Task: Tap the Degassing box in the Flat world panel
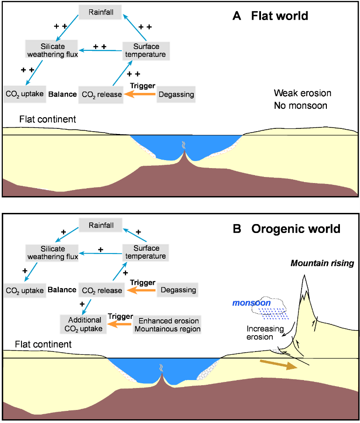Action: coord(175,95)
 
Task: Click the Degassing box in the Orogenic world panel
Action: coord(177,290)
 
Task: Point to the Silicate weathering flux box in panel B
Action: coord(46,253)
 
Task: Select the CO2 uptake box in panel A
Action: coord(24,94)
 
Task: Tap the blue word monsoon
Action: coord(252,303)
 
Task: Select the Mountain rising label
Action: coord(322,263)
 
